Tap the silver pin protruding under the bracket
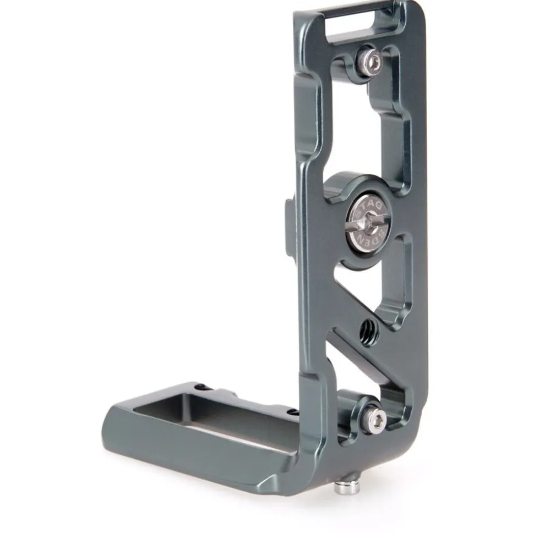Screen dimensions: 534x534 342,486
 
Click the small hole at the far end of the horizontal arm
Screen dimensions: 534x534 204,388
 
